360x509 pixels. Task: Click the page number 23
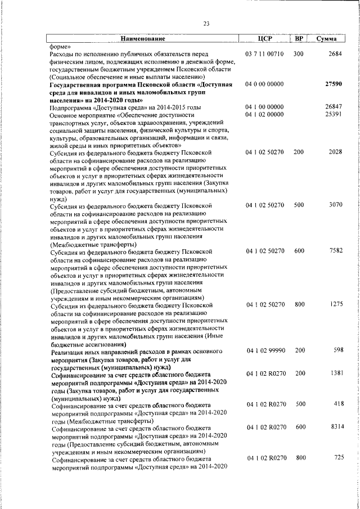[206, 23]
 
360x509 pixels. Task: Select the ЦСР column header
[264, 39]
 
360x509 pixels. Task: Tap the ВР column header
[299, 39]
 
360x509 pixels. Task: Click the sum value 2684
[335, 53]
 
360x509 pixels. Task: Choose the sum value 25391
[334, 115]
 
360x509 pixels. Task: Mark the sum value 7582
[335, 251]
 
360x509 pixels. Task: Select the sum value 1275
[336, 304]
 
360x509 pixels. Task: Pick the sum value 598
[337, 350]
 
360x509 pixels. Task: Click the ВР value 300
[298, 53]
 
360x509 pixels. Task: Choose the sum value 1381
[335, 373]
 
